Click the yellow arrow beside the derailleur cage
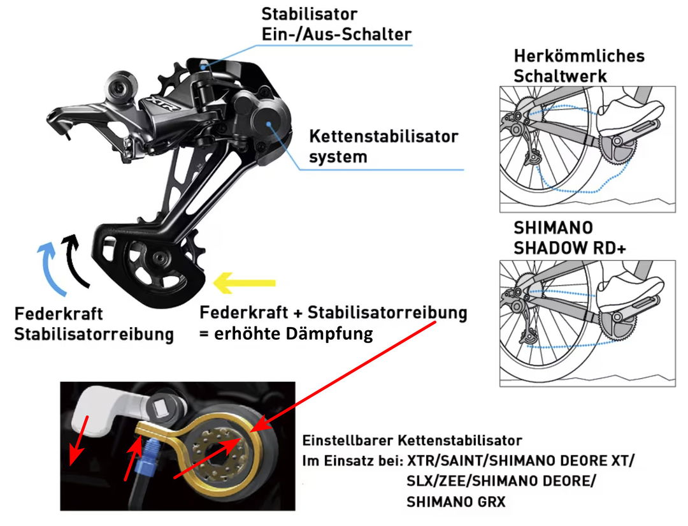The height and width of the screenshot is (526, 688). point(244,282)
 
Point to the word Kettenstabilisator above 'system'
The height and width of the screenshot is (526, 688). point(383,136)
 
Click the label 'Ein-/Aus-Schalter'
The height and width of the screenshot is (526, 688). point(336,34)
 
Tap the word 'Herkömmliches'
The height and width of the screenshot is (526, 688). point(579,55)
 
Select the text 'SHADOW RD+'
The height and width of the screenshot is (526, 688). point(570,248)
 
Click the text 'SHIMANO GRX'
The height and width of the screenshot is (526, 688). point(456,501)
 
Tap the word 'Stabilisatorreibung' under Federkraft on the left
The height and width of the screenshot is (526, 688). point(94,334)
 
